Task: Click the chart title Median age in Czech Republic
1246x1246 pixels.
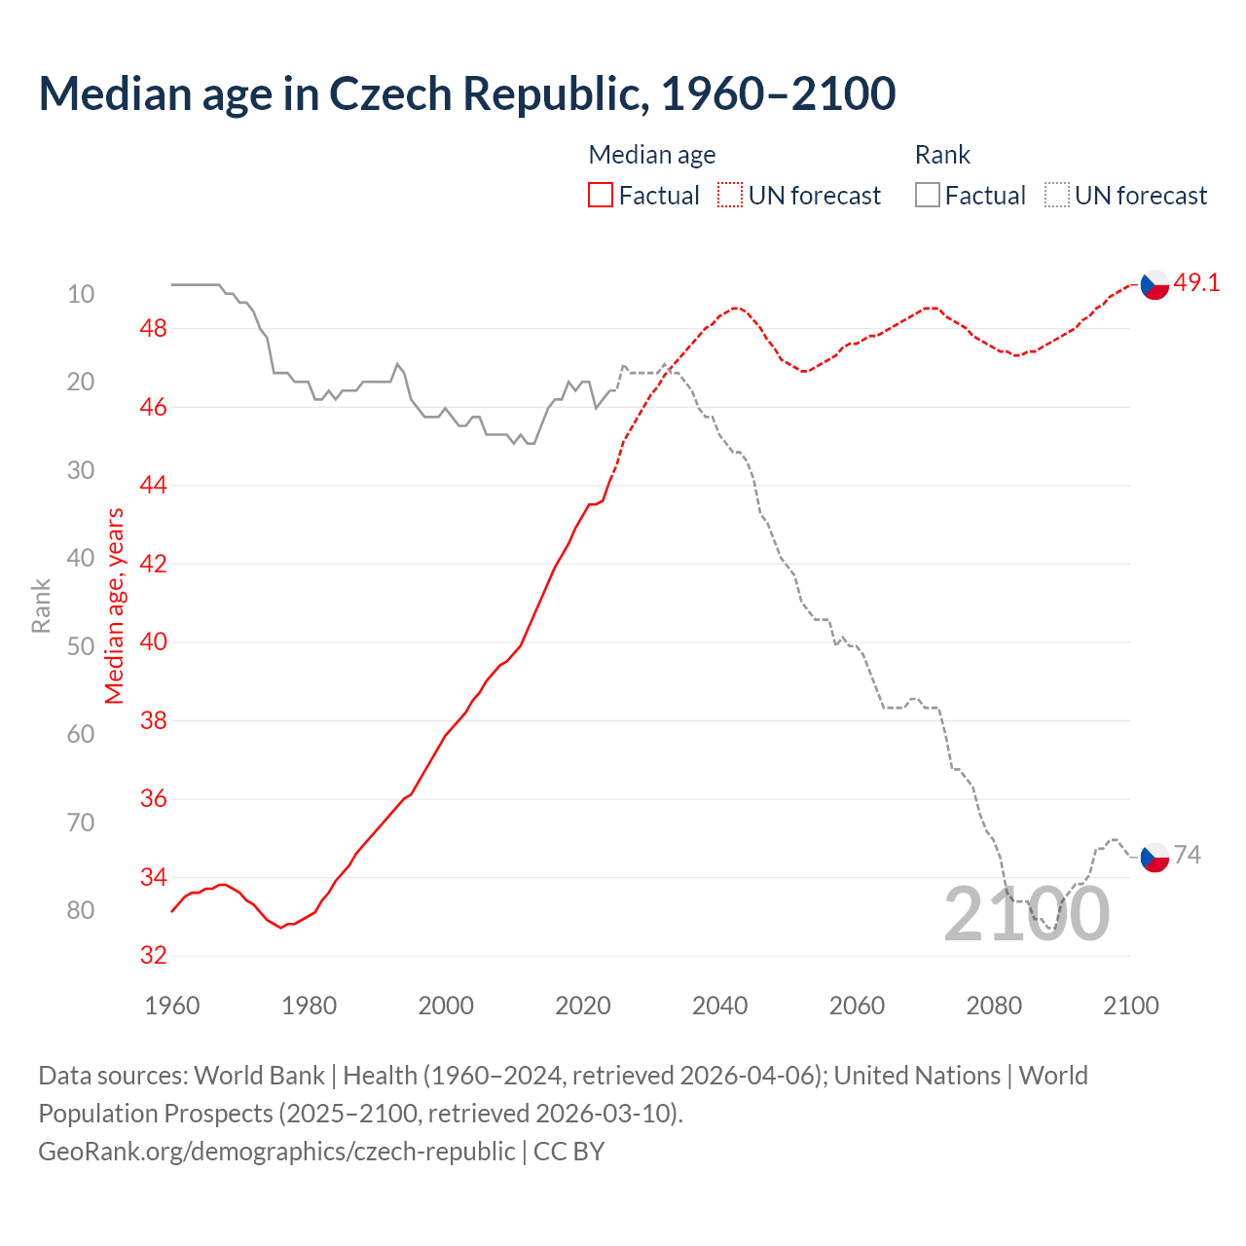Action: [x=466, y=93]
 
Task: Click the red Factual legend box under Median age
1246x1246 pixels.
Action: [x=601, y=195]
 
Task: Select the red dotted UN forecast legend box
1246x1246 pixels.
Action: [x=730, y=195]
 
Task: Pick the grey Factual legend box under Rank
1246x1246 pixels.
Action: [x=928, y=195]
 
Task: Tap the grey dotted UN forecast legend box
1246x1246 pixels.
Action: [x=1057, y=195]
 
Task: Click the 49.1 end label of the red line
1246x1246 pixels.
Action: [x=1196, y=282]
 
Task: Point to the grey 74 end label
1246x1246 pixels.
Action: [x=1188, y=855]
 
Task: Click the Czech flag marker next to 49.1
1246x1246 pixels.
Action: [x=1154, y=285]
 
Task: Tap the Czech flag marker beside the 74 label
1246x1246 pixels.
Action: [x=1154, y=858]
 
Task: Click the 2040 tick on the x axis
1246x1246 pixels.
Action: [x=719, y=1006]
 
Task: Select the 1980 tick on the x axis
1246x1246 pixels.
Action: [x=309, y=1006]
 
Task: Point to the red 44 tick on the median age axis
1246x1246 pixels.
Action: [x=153, y=485]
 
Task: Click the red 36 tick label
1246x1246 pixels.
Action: [x=153, y=798]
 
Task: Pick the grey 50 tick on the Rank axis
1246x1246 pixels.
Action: [x=81, y=646]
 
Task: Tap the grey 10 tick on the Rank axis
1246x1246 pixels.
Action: [x=81, y=294]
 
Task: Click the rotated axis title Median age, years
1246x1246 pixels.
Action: [x=115, y=605]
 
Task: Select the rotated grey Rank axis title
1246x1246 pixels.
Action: [x=41, y=605]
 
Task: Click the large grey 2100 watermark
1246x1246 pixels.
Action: [x=1026, y=914]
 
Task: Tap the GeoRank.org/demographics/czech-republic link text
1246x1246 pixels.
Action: [x=276, y=1151]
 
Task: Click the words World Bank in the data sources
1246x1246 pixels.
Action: [x=259, y=1076]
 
